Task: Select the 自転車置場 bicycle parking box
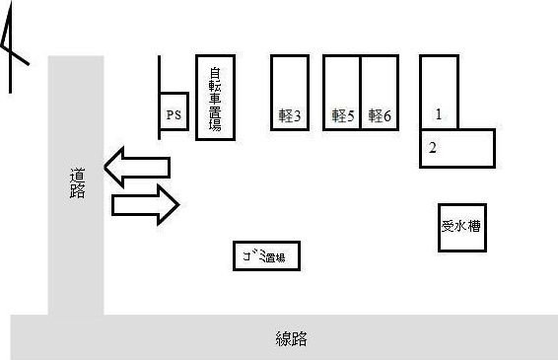215,97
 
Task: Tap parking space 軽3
290,93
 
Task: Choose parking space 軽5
342,93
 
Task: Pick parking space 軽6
380,93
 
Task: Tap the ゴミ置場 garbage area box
265,256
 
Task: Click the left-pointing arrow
137,166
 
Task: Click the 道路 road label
77,183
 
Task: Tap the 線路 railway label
291,338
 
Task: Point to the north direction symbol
14,57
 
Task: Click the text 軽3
290,116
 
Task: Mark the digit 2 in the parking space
432,148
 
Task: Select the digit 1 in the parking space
439,114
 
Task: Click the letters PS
174,115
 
